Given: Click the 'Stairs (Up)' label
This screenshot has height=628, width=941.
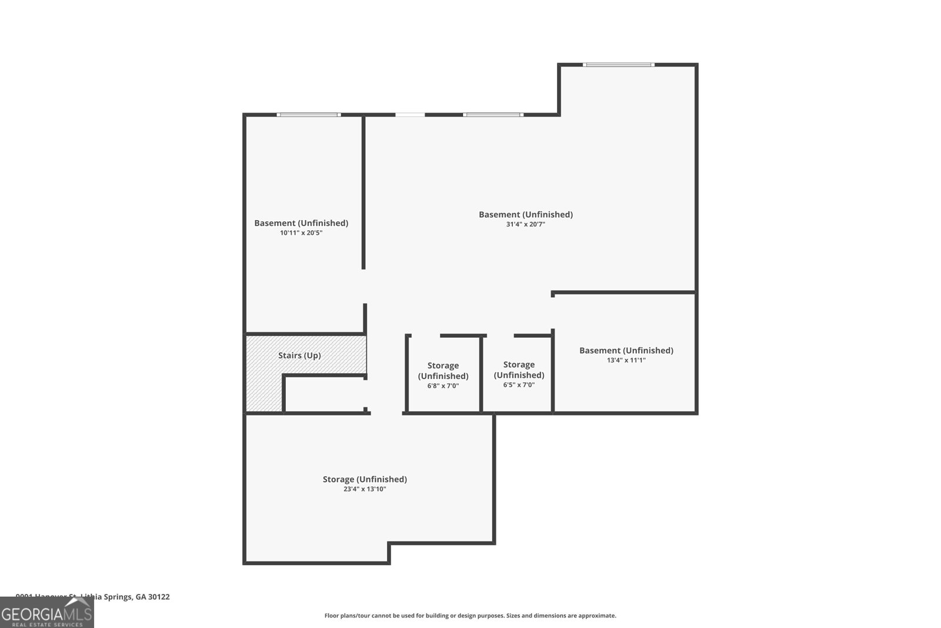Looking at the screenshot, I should [299, 355].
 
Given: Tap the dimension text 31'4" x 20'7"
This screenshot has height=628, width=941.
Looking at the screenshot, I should [526, 224].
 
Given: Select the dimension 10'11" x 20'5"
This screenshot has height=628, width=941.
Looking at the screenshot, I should [301, 232].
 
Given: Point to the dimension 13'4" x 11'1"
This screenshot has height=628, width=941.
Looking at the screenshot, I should [626, 360].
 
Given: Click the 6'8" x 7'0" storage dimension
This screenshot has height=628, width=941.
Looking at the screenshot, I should [443, 386].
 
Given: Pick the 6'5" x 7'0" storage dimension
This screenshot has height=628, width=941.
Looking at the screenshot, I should [519, 385].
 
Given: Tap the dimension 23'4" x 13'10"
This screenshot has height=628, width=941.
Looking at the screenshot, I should [365, 489].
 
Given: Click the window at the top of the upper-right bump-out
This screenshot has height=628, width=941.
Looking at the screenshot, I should [618, 65].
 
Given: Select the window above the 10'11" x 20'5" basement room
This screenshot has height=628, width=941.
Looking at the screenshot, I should [308, 115].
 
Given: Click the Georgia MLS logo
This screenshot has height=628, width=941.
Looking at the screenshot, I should [46, 613].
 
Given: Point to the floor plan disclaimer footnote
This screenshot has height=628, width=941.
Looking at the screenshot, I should [470, 616].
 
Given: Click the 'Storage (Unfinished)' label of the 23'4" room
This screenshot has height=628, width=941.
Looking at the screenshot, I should [365, 479].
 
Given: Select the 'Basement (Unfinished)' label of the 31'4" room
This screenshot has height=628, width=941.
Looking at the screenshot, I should [526, 214].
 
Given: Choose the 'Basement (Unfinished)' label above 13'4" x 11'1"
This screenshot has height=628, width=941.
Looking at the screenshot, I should [626, 350].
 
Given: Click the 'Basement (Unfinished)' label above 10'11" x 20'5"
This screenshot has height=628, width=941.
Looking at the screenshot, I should [301, 223].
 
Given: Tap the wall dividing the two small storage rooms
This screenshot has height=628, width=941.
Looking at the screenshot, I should [481, 374].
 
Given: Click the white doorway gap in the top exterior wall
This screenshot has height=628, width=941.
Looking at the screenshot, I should [410, 115].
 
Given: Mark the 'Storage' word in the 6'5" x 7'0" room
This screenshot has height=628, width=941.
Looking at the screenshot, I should [519, 365].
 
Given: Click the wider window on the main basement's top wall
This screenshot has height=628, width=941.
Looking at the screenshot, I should [493, 115].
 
